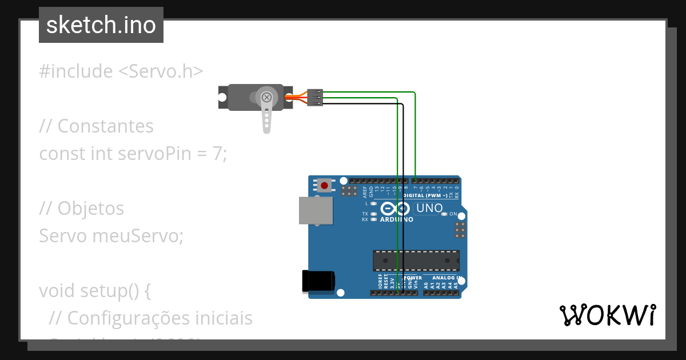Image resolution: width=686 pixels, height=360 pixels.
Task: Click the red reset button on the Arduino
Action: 325,185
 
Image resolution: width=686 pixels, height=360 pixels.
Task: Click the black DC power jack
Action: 317,281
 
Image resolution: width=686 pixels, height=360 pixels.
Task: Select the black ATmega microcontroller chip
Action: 416,260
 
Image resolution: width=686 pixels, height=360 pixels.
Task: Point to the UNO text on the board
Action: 429,209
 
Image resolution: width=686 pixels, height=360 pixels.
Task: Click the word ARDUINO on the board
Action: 396,219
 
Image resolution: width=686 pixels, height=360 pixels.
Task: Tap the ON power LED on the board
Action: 444,214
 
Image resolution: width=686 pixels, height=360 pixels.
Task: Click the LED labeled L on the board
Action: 373,203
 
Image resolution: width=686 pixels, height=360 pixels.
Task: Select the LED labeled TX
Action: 373,214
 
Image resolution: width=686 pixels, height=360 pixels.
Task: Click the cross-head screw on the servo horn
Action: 266,97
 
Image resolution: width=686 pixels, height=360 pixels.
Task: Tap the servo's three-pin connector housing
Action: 315,97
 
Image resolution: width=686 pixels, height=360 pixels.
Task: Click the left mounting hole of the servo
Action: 222,97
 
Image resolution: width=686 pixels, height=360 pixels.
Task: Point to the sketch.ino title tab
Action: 101,25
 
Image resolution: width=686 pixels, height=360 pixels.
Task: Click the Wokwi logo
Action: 607,315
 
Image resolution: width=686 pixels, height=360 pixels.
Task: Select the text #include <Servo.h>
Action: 121,71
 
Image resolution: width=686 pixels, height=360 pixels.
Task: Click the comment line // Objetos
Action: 81,208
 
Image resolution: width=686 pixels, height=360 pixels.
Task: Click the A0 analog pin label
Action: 426,283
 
